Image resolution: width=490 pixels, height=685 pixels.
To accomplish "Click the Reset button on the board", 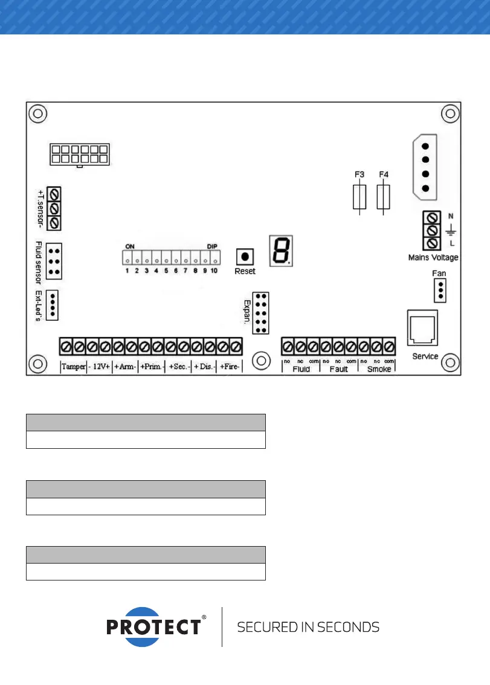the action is [x=245, y=256].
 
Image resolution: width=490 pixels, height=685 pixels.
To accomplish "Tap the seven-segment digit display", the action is [x=282, y=250].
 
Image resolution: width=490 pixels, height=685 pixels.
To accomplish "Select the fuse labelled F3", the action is [x=359, y=197].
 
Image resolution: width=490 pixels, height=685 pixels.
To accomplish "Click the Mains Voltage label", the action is [x=433, y=257].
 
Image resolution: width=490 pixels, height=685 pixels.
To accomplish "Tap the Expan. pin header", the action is [x=261, y=313].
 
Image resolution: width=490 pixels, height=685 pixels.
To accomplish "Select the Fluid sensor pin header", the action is [x=54, y=262].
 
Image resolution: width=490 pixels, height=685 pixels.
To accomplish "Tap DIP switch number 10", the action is [x=214, y=259].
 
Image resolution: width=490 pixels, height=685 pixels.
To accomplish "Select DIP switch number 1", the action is [x=127, y=259].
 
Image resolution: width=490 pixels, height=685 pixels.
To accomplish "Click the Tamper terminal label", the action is [x=73, y=367].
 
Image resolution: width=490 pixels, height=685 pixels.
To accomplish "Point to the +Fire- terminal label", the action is [x=230, y=367].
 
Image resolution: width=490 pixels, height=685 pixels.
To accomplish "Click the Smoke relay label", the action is [x=379, y=369].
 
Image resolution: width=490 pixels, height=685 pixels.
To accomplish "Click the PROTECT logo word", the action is [x=153, y=627].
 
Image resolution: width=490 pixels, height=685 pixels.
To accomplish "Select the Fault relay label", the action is [x=338, y=369].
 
